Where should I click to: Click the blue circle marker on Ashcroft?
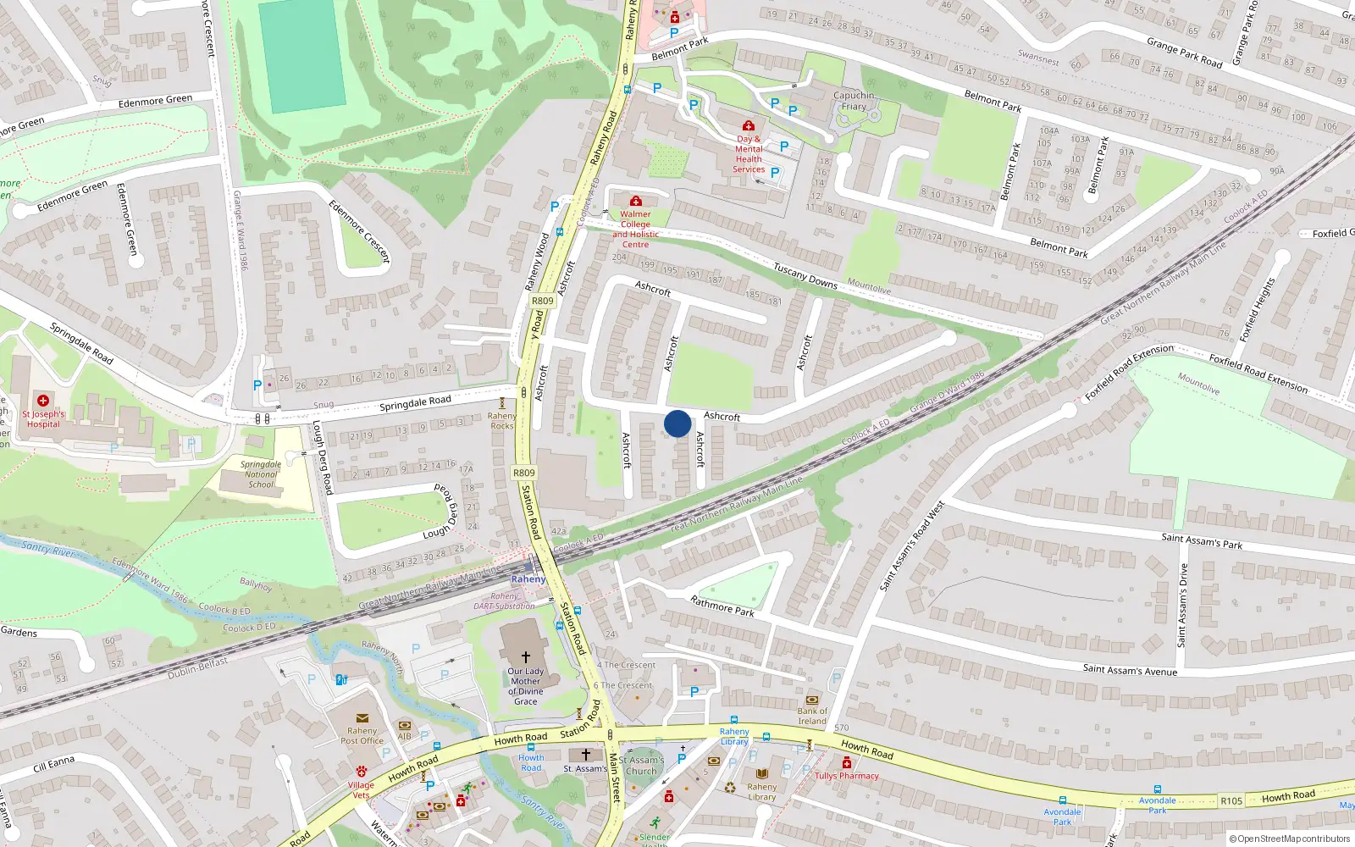[x=677, y=423]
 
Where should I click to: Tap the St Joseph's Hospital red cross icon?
[x=43, y=400]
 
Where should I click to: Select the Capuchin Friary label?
[x=854, y=101]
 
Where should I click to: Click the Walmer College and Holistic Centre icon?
[x=636, y=201]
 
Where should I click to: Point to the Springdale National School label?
[x=261, y=474]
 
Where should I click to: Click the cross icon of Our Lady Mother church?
[x=525, y=656]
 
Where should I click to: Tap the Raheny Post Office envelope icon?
[x=362, y=717]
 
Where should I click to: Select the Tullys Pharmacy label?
[x=847, y=776]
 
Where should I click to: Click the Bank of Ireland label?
[x=811, y=717]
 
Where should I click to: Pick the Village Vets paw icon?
[x=361, y=772]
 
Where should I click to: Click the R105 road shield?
[x=1231, y=800]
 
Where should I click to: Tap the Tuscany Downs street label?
[x=805, y=275]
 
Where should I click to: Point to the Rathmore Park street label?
[x=722, y=606]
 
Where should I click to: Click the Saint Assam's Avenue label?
[x=1130, y=670]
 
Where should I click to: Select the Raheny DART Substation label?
[x=505, y=601]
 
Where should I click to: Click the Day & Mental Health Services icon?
[x=748, y=125]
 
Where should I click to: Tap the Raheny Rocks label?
[x=502, y=420]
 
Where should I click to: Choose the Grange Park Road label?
[x=1184, y=53]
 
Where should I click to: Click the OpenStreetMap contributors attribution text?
[x=1289, y=839]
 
